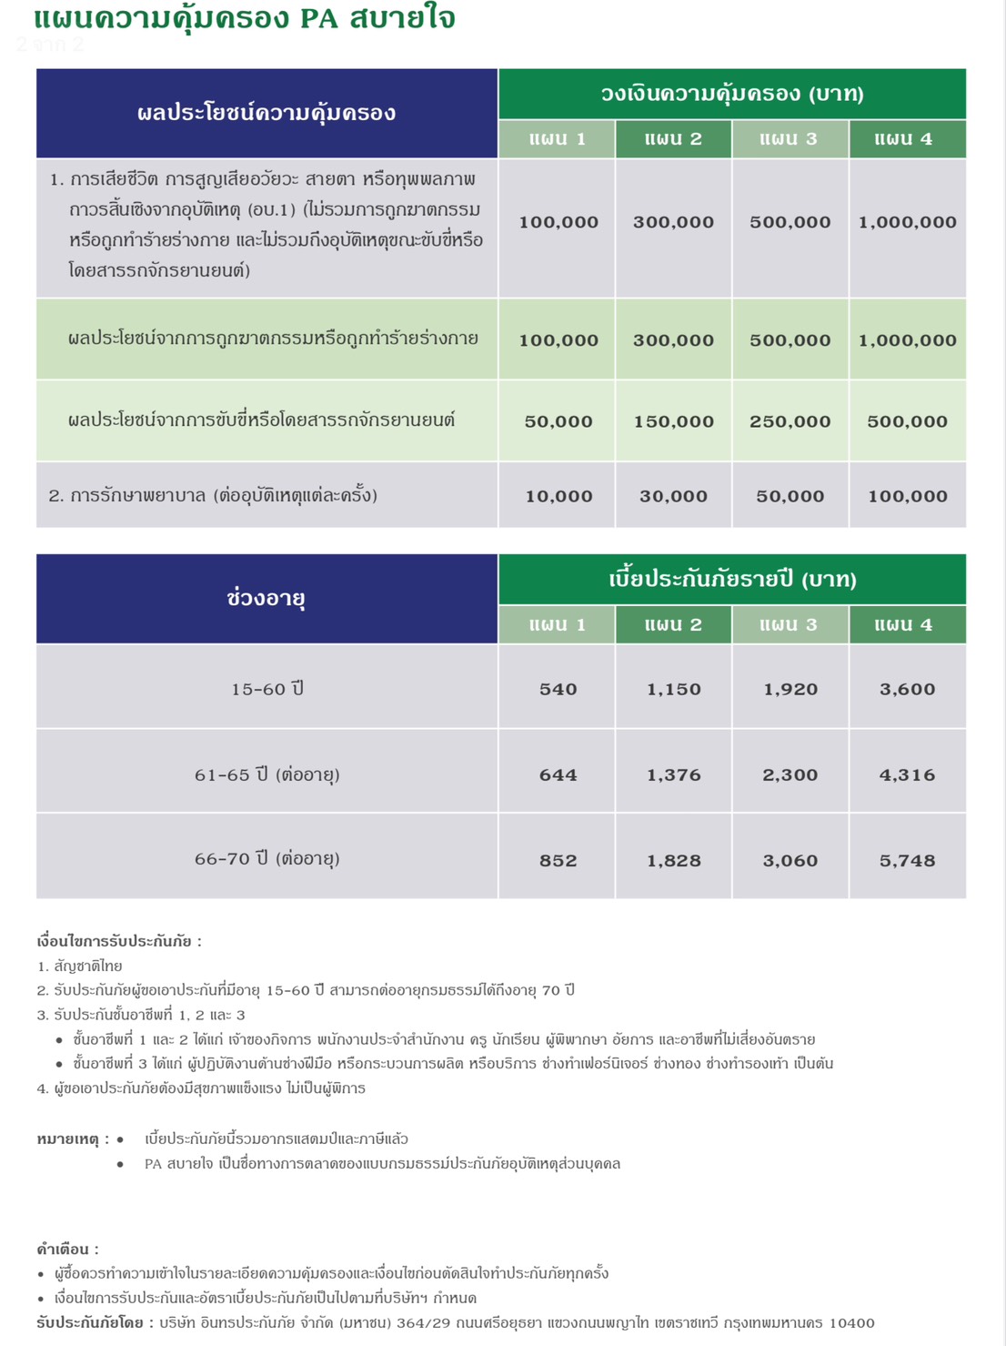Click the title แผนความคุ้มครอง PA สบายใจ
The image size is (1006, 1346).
[244, 18]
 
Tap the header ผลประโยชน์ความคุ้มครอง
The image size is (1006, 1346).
[267, 113]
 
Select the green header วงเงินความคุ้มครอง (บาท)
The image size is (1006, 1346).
[732, 94]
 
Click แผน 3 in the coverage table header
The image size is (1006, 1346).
[790, 139]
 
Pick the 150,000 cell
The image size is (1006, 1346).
[673, 421]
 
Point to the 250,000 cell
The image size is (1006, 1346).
[790, 421]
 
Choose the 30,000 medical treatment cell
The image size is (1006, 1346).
[673, 496]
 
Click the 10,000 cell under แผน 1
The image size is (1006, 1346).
[558, 496]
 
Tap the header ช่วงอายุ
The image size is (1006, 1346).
[267, 598]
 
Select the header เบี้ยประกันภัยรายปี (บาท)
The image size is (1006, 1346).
[732, 580]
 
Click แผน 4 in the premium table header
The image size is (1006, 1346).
[906, 625]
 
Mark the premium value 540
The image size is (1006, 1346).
[558, 689]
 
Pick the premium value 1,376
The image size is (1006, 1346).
[673, 774]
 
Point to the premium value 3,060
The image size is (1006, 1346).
[790, 860]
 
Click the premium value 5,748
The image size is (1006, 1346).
[907, 860]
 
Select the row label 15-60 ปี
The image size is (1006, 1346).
[267, 689]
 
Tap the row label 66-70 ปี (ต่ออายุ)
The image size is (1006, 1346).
[267, 859]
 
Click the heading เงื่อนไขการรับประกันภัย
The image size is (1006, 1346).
[119, 941]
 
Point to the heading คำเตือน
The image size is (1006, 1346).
[67, 1249]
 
